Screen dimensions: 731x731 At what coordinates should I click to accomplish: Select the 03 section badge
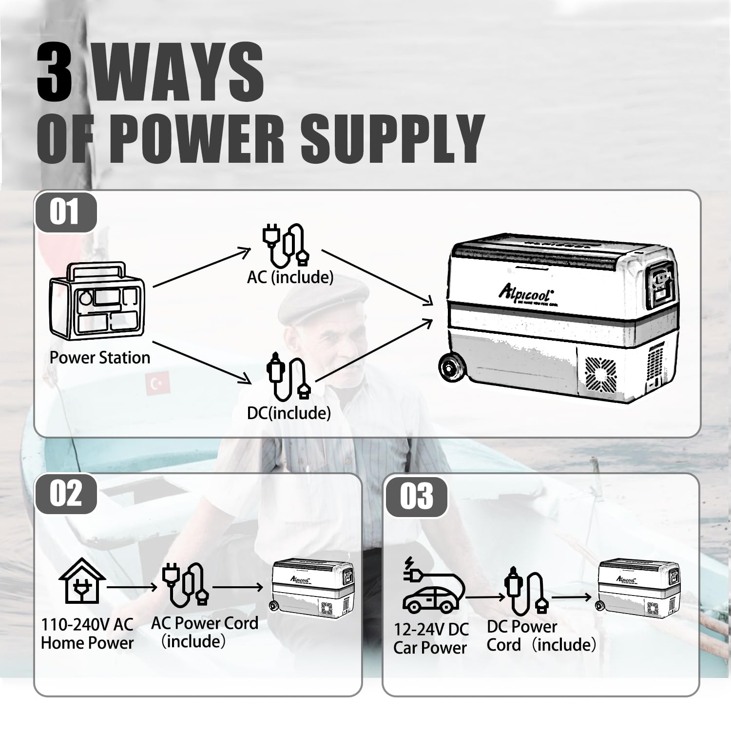pyautogui.click(x=417, y=496)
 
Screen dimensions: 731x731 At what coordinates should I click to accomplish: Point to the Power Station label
pyautogui.click(x=100, y=358)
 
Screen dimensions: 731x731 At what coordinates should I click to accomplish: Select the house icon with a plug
pyautogui.click(x=82, y=581)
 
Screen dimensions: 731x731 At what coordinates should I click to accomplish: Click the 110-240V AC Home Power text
pyautogui.click(x=87, y=634)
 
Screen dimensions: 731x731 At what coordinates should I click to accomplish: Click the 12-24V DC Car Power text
pyautogui.click(x=431, y=638)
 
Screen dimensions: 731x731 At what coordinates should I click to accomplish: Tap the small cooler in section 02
pyautogui.click(x=312, y=586)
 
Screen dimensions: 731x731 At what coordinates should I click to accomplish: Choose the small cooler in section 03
pyautogui.click(x=638, y=586)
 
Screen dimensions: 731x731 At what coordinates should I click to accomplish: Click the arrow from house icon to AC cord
pyautogui.click(x=132, y=587)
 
